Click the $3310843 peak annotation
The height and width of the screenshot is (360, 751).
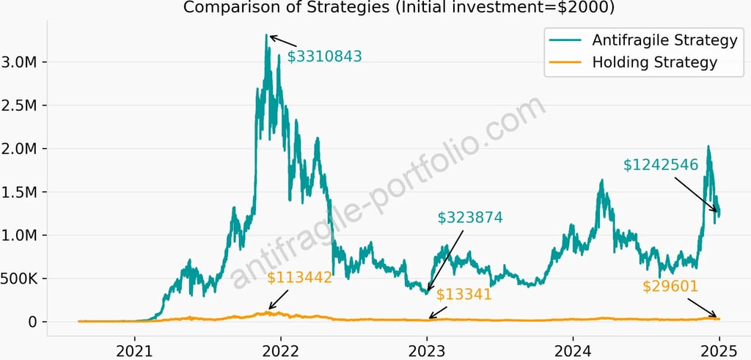(x=324, y=56)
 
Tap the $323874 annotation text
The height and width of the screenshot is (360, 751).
(x=470, y=218)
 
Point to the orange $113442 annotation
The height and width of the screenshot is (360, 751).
(x=299, y=277)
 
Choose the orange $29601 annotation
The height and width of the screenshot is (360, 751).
(x=670, y=287)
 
